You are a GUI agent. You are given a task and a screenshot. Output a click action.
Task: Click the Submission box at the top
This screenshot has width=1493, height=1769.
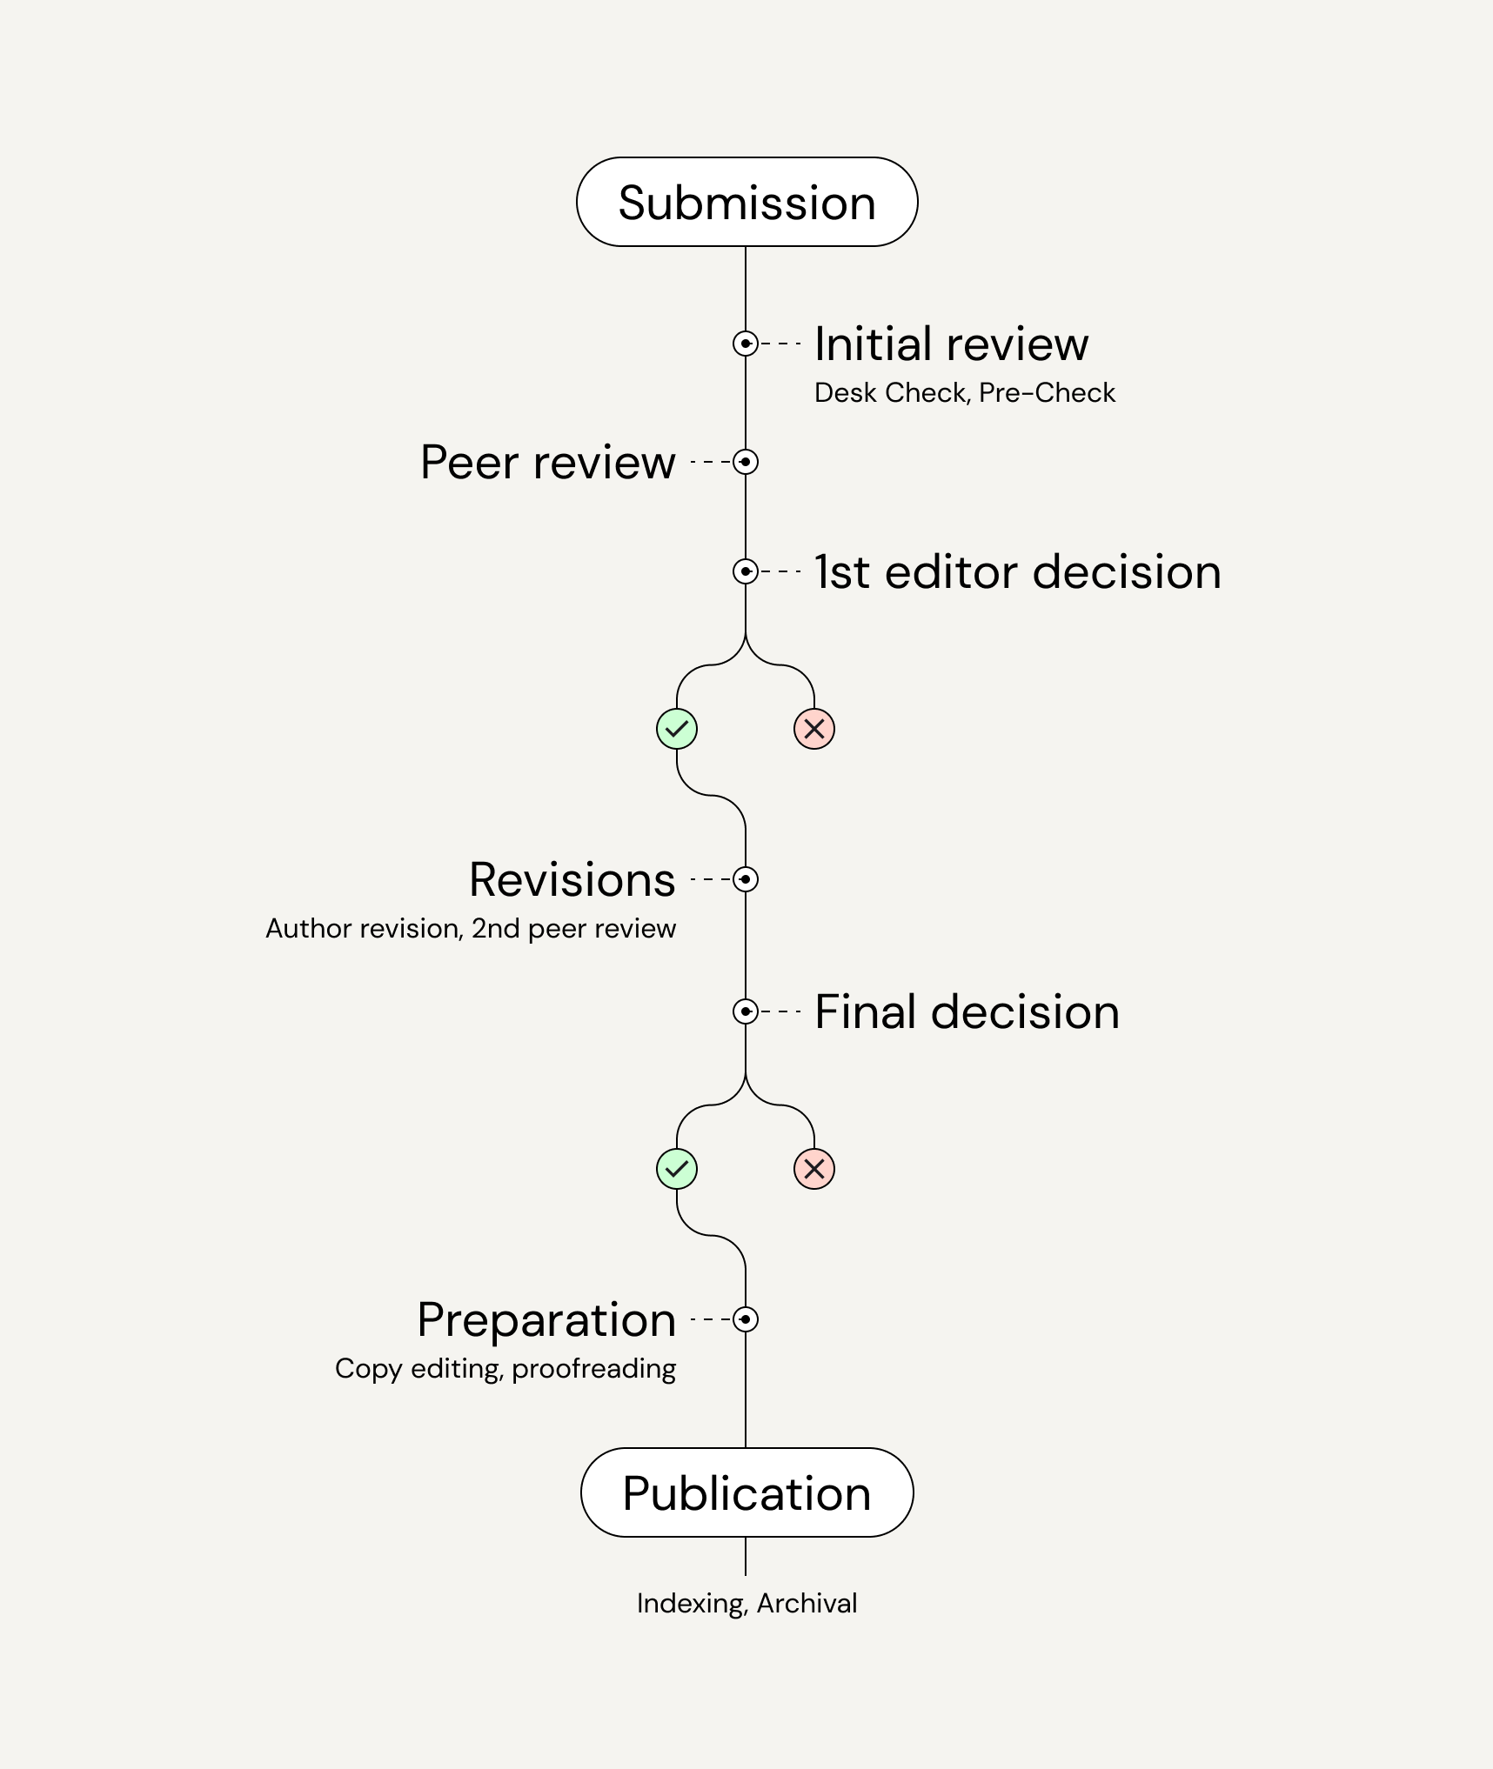point(746,202)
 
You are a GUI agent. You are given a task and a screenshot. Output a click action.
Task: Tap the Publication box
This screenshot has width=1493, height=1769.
point(746,1492)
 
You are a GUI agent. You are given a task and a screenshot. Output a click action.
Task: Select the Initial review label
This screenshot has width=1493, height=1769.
point(951,344)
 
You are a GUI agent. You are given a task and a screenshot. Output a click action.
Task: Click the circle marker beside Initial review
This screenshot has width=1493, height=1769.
point(746,344)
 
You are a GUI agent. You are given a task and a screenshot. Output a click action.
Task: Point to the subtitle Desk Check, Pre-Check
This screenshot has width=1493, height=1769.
point(964,392)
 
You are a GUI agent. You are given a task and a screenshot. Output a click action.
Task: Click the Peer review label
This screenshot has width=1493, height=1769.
point(548,462)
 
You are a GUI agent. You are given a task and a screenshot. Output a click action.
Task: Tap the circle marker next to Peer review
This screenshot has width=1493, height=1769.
point(746,462)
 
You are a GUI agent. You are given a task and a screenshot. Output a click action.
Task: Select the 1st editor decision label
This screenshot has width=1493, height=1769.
point(1018,571)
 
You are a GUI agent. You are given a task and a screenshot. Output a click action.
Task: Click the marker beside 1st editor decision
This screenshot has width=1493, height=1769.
point(746,571)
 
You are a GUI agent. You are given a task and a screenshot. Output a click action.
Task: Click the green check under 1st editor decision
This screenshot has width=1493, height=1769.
point(677,729)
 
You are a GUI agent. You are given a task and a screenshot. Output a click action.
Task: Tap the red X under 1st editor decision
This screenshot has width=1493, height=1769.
point(814,729)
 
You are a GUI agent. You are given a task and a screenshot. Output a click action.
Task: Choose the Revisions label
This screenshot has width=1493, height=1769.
point(572,879)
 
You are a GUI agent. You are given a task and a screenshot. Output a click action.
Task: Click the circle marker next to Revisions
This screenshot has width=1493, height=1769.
point(746,879)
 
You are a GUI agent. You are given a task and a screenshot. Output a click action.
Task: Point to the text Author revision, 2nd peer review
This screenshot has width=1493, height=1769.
point(471,928)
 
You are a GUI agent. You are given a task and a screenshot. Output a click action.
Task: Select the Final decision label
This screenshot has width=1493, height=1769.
point(967,1011)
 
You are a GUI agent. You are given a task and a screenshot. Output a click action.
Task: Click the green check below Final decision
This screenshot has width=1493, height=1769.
point(677,1169)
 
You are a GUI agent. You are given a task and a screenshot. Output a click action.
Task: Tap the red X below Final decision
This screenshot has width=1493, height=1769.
point(814,1169)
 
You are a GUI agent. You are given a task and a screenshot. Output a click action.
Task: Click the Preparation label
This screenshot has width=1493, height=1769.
point(546,1319)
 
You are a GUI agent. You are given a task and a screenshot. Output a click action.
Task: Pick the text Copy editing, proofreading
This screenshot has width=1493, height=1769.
point(505,1368)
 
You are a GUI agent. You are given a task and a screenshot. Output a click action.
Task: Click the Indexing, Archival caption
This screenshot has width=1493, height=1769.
point(746,1603)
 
